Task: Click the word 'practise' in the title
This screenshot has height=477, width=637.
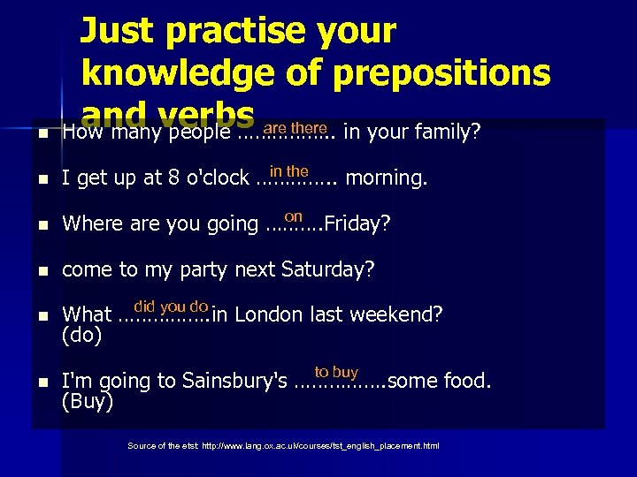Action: click(225, 32)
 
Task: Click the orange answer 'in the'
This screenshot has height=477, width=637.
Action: click(288, 170)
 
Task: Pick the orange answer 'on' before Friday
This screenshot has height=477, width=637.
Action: click(294, 216)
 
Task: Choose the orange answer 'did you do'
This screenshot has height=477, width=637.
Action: click(171, 307)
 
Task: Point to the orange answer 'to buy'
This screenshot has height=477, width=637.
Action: click(336, 373)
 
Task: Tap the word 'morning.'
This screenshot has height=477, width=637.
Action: click(387, 178)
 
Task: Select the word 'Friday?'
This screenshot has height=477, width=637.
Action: click(357, 224)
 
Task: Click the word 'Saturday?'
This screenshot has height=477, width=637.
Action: click(328, 269)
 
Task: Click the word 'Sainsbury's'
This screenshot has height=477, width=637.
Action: click(234, 382)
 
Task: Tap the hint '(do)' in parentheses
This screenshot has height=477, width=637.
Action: click(82, 336)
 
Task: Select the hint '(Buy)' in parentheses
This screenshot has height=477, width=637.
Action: click(87, 403)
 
